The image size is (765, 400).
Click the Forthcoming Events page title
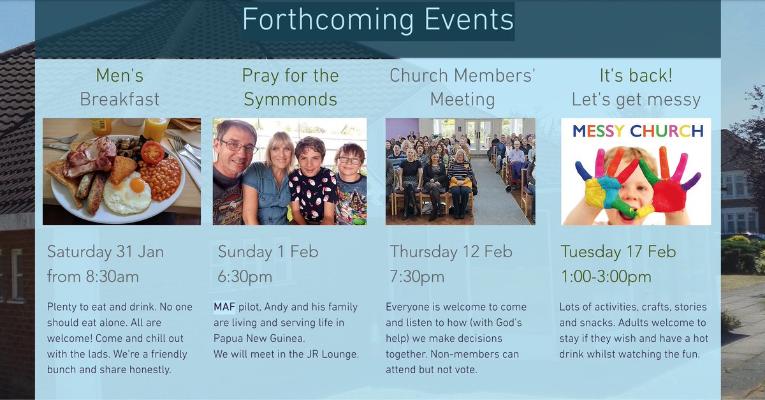pyautogui.click(x=377, y=20)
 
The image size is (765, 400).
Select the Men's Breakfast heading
pyautogui.click(x=120, y=87)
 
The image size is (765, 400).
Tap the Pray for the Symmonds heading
pyautogui.click(x=290, y=87)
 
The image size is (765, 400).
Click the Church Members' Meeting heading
pyautogui.click(x=462, y=87)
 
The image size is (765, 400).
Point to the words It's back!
pyautogui.click(x=636, y=76)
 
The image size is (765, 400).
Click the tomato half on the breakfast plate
pyautogui.click(x=152, y=152)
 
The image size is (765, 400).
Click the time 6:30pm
pyautogui.click(x=245, y=277)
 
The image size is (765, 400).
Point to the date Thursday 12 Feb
pyautogui.click(x=451, y=251)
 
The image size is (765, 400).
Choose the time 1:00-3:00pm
pyautogui.click(x=606, y=277)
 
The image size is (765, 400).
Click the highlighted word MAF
pyautogui.click(x=224, y=307)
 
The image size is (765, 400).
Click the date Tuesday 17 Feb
pyautogui.click(x=618, y=251)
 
